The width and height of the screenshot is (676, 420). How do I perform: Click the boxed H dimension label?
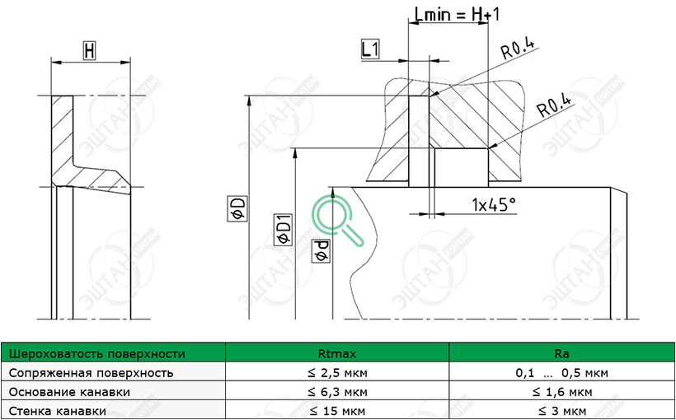pos(89,51)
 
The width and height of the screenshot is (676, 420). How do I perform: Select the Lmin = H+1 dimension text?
pos(457,14)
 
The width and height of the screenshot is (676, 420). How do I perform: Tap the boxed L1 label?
pos(370,49)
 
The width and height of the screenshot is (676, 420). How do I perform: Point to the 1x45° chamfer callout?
pos(494,204)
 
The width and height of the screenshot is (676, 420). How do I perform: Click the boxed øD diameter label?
pos(237,209)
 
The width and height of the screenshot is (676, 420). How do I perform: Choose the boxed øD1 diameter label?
pos(284,230)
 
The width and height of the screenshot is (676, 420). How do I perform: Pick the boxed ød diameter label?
pos(322,250)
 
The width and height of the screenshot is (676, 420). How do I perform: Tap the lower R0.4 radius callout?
pos(555,106)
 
